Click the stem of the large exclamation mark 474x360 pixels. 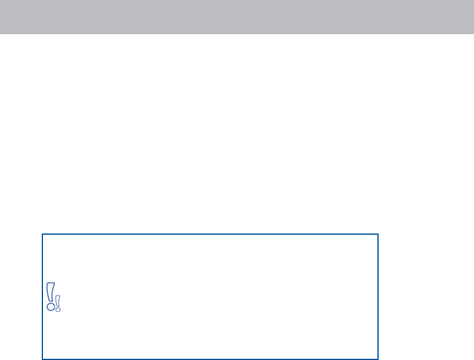coord(51,292)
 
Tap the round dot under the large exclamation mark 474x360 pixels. coord(51,306)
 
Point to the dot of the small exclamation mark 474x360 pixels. coord(58,309)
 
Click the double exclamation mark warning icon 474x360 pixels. coord(54,298)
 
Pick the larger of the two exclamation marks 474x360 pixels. coord(51,296)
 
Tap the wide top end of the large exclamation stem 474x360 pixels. coord(51,285)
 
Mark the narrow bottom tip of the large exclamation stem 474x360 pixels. coord(51,300)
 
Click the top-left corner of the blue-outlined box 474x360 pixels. coord(42,234)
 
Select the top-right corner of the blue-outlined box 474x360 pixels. coord(377,234)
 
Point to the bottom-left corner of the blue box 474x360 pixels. coord(42,359)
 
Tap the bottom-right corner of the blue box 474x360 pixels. coord(377,359)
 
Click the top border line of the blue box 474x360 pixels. coord(210,234)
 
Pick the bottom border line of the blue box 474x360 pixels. coord(210,359)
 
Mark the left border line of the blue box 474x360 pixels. coord(42,265)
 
